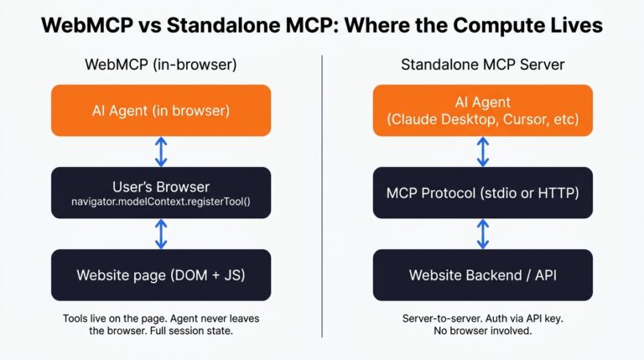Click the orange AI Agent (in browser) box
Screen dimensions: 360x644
pyautogui.click(x=161, y=110)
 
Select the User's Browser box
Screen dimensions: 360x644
pyautogui.click(x=161, y=192)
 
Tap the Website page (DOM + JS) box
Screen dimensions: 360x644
pyautogui.click(x=161, y=274)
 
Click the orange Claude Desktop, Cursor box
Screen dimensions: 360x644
pyautogui.click(x=482, y=110)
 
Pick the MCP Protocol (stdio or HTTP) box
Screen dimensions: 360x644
pyautogui.click(x=482, y=192)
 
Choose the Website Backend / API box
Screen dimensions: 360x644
pyautogui.click(x=482, y=274)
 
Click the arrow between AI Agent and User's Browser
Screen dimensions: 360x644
pyautogui.click(x=161, y=151)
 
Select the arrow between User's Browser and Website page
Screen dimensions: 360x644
pyautogui.click(x=161, y=233)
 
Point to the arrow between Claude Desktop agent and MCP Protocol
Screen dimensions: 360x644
pyautogui.click(x=483, y=151)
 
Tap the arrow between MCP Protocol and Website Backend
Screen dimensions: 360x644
pyautogui.click(x=483, y=233)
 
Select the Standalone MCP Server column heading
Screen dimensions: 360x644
pyautogui.click(x=482, y=65)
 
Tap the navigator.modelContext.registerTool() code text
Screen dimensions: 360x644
pyautogui.click(x=161, y=202)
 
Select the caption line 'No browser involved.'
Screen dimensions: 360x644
pyautogui.click(x=482, y=331)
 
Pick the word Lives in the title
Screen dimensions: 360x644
pyautogui.click(x=574, y=25)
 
